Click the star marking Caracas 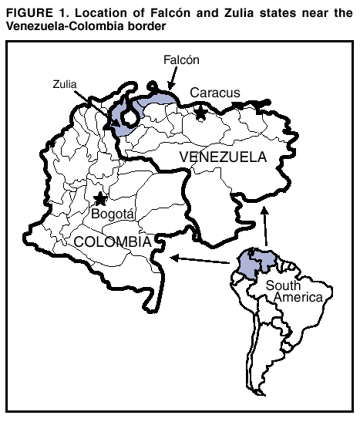[200, 113]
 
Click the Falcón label [182, 59]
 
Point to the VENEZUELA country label [223, 158]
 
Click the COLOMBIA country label [112, 241]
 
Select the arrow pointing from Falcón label [172, 78]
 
